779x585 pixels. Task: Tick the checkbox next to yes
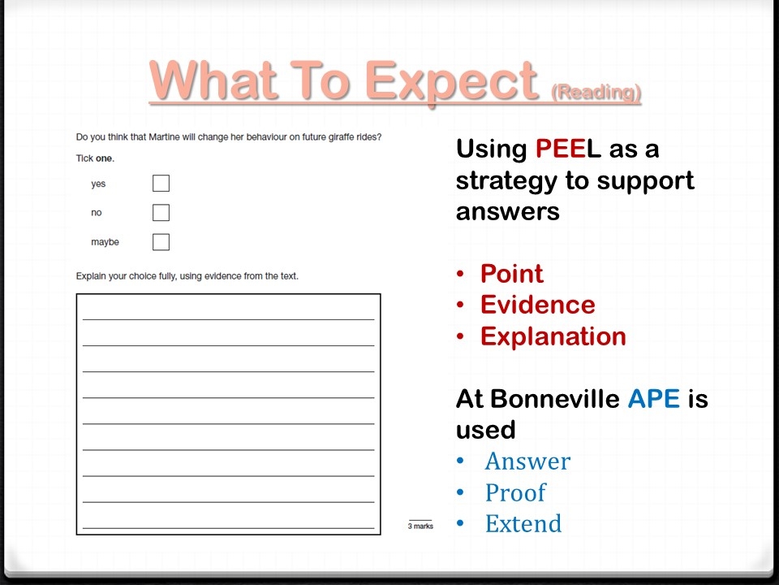pyautogui.click(x=161, y=183)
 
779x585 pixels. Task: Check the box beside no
pyautogui.click(x=161, y=212)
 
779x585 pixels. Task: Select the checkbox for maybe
pyautogui.click(x=161, y=242)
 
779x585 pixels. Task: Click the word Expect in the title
pyautogui.click(x=452, y=81)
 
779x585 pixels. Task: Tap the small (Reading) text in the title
pyautogui.click(x=596, y=92)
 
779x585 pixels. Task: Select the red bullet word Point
pyautogui.click(x=512, y=274)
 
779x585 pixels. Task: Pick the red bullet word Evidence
pyautogui.click(x=537, y=305)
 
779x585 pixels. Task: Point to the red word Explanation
pyautogui.click(x=553, y=336)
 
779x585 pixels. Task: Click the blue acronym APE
pyautogui.click(x=654, y=398)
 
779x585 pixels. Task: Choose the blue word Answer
pyautogui.click(x=527, y=461)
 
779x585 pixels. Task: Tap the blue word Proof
pyautogui.click(x=515, y=492)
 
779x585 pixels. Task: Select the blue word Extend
pyautogui.click(x=523, y=523)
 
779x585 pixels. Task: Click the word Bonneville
pyautogui.click(x=555, y=398)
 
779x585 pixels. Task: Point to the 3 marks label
pyautogui.click(x=420, y=526)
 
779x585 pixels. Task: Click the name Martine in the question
pyautogui.click(x=165, y=136)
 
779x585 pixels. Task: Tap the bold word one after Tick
pyautogui.click(x=105, y=158)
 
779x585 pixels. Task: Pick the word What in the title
pyautogui.click(x=213, y=80)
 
